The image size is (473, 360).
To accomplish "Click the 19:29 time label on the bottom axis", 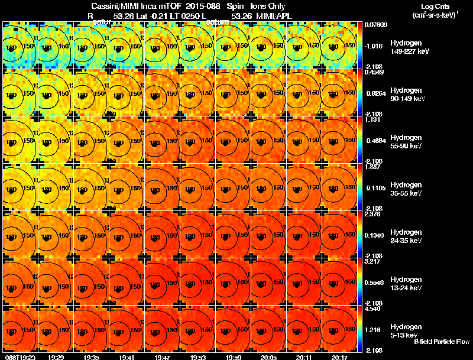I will point(56,357).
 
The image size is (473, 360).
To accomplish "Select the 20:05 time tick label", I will point(268,357).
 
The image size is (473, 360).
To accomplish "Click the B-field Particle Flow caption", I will point(442,342).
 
